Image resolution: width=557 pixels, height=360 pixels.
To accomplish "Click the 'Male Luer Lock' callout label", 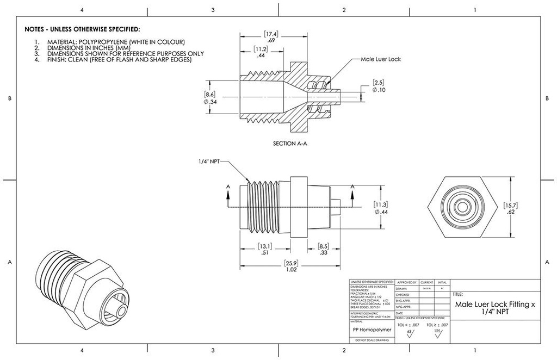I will [380, 59].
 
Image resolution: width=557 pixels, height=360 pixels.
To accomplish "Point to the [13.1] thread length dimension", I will [265, 249].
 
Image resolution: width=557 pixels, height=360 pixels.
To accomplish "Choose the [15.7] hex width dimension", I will [511, 209].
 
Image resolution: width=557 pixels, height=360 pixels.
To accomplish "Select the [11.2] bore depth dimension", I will [261, 52].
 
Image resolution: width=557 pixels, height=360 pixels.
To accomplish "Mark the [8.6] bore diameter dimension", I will [209, 97].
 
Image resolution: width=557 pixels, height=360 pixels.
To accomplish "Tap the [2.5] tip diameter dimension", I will [379, 86].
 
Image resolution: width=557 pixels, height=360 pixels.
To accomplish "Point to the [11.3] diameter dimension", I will [380, 208].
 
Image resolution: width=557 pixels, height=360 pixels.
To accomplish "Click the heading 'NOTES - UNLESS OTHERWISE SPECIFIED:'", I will [83, 29].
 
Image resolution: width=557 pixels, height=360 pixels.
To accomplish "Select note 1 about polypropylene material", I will [116, 42].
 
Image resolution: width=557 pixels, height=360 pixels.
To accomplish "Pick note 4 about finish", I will [119, 60].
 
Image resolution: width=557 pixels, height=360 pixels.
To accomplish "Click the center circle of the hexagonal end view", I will [463, 207].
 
